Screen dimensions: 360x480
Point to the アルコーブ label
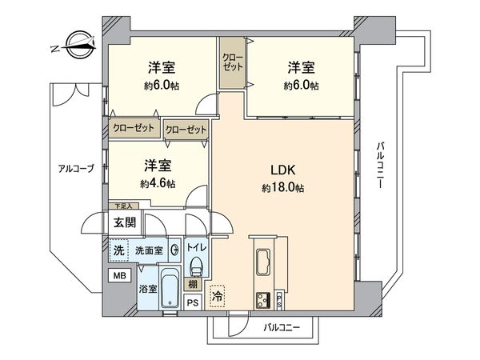75,168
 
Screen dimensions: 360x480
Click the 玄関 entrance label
124,222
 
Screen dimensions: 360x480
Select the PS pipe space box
192,302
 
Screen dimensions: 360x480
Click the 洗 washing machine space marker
119,250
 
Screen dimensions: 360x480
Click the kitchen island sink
264,260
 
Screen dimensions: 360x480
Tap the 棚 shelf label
193,284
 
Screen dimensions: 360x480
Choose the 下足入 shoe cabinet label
119,206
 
